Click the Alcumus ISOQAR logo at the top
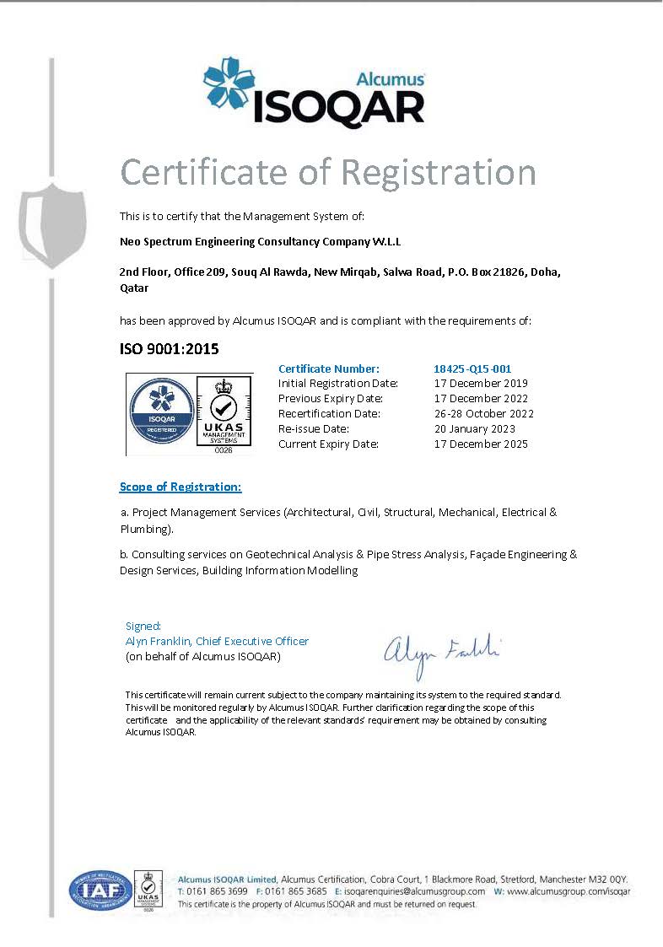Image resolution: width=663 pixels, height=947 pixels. (314, 93)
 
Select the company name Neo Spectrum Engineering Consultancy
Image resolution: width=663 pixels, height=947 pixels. (261, 242)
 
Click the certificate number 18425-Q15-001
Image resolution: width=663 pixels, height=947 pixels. (472, 369)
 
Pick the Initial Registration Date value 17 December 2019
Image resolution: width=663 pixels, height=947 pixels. (480, 384)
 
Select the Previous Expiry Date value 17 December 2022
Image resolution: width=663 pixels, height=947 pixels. (480, 399)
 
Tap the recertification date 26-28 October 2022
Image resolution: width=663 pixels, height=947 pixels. (483, 414)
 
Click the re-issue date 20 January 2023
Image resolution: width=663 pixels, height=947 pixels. (473, 429)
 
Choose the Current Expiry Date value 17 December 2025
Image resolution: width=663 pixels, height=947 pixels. (480, 444)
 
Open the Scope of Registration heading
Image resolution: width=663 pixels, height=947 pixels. (181, 487)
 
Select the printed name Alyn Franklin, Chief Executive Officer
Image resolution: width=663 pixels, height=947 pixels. (217, 641)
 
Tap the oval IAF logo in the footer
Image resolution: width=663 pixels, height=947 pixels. (100, 891)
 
